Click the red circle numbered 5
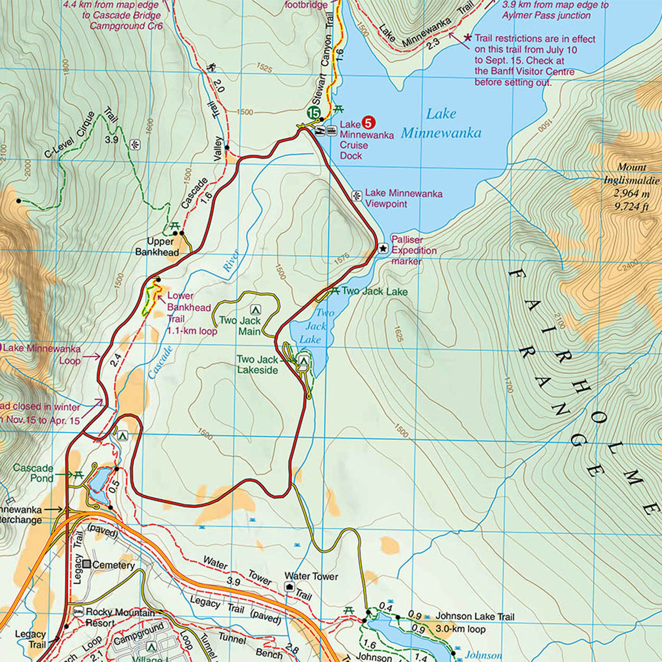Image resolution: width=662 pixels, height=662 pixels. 368,123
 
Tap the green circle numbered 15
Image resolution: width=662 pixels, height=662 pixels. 314,113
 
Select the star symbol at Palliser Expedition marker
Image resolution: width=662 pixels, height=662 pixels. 383,248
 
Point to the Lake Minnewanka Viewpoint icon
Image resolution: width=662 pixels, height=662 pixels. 357,196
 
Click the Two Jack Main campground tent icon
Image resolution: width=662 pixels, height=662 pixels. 255,309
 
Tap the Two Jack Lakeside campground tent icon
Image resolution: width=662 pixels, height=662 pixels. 303,361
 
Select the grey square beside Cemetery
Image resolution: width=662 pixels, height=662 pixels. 87,564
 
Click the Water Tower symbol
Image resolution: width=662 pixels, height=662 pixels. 290,586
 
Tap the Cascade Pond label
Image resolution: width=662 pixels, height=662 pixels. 33,473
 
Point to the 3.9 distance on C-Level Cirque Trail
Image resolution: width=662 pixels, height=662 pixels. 112,140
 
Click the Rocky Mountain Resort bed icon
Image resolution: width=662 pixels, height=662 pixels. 79,612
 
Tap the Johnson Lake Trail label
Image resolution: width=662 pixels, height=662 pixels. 475,616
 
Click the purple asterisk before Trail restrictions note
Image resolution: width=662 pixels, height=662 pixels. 467,38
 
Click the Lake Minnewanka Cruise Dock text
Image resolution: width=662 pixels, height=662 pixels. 366,140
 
